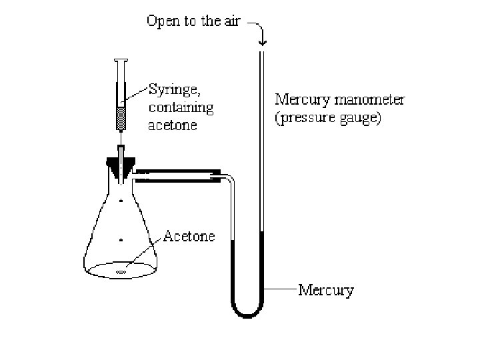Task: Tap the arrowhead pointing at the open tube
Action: point(263,42)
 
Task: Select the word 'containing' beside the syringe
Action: point(181,108)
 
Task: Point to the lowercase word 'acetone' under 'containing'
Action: point(173,125)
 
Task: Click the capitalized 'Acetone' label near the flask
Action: point(189,236)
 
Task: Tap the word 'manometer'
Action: point(370,100)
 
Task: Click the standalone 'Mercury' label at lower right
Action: point(326,290)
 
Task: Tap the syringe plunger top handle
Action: point(121,60)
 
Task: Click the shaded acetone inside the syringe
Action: point(121,119)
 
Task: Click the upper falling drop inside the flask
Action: point(121,201)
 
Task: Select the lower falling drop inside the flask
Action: point(121,240)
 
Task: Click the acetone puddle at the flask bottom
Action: point(121,272)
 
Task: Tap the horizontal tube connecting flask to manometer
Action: point(178,176)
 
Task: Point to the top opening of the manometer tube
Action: point(262,52)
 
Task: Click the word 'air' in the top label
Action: point(232,21)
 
